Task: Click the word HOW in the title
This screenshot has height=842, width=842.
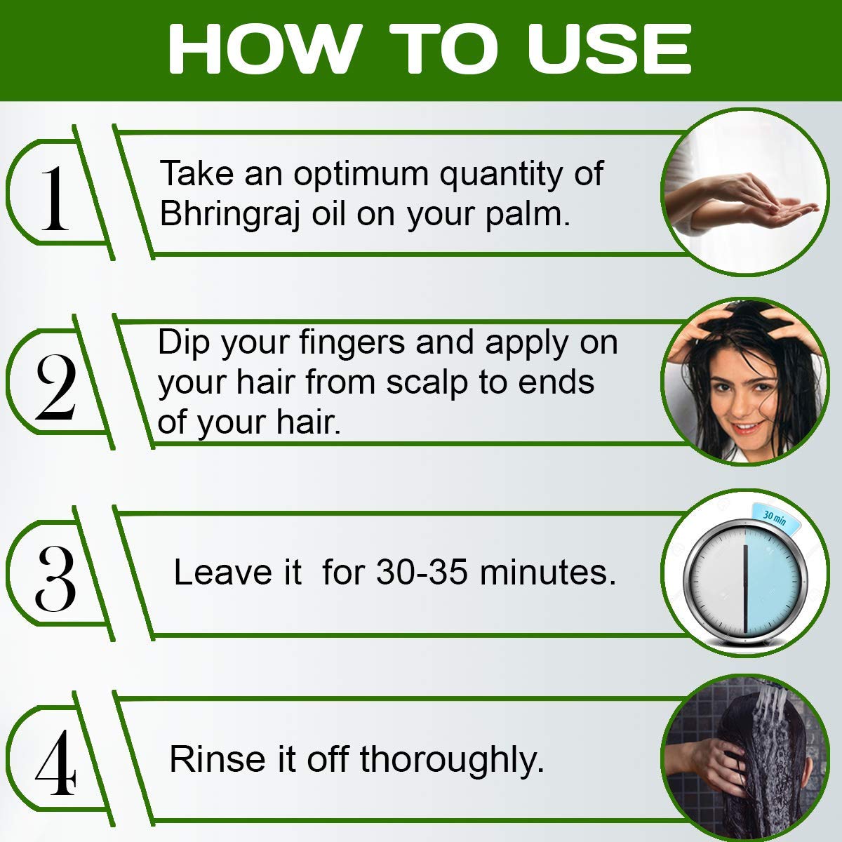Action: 265,48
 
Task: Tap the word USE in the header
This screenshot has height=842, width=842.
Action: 609,48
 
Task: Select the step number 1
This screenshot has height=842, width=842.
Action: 55,199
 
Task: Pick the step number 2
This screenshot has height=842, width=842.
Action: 56,387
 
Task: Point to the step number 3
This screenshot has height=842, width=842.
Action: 56,578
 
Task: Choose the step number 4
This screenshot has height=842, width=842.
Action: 56,763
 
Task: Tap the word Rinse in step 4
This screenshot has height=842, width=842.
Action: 217,759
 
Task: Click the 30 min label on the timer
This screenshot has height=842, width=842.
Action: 774,518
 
